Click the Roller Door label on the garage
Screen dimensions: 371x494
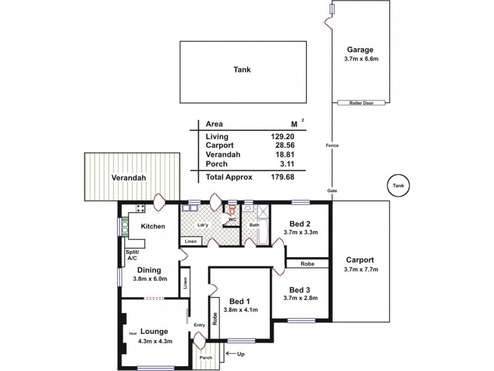click(x=361, y=103)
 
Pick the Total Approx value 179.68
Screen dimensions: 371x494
click(x=265, y=177)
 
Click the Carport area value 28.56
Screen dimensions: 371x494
click(x=267, y=145)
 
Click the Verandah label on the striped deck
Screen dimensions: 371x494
click(x=128, y=177)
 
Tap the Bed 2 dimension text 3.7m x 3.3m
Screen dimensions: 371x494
click(x=300, y=233)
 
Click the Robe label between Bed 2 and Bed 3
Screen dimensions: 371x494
click(x=308, y=263)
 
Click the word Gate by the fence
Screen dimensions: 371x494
click(x=332, y=192)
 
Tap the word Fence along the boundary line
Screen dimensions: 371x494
click(x=332, y=145)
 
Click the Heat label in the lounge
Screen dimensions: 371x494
click(x=133, y=334)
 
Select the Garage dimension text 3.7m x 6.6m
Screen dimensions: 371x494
click(x=361, y=60)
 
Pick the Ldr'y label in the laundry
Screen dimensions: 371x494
click(x=201, y=225)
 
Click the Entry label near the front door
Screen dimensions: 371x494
click(x=199, y=325)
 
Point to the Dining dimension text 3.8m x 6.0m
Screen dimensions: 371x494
click(x=149, y=279)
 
